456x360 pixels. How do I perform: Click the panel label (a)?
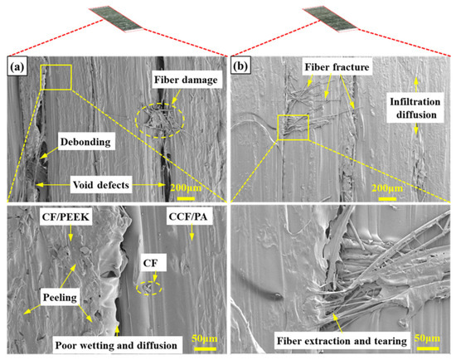coord(17,67)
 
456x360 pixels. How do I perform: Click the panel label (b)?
coord(240,66)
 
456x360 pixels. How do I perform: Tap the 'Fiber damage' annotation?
coord(186,80)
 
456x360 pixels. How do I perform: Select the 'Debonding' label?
coord(85,142)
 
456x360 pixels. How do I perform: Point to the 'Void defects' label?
coord(100,185)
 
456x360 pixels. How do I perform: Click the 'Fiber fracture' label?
coord(337,67)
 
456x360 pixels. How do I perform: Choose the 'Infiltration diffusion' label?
coord(415,108)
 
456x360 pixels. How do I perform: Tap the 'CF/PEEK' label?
coord(65,216)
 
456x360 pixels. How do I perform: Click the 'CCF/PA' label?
coord(188,216)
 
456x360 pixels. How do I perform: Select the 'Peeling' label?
coord(60,298)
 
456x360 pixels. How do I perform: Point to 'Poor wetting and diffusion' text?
coord(116,345)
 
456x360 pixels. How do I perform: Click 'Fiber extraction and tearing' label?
coord(342,341)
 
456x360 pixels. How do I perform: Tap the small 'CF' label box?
coord(150,263)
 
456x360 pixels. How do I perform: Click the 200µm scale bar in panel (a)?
coord(186,198)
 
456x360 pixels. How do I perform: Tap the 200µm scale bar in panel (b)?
coord(387,199)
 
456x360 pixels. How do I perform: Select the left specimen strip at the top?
coord(116,19)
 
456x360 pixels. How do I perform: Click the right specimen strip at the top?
coord(330,19)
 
